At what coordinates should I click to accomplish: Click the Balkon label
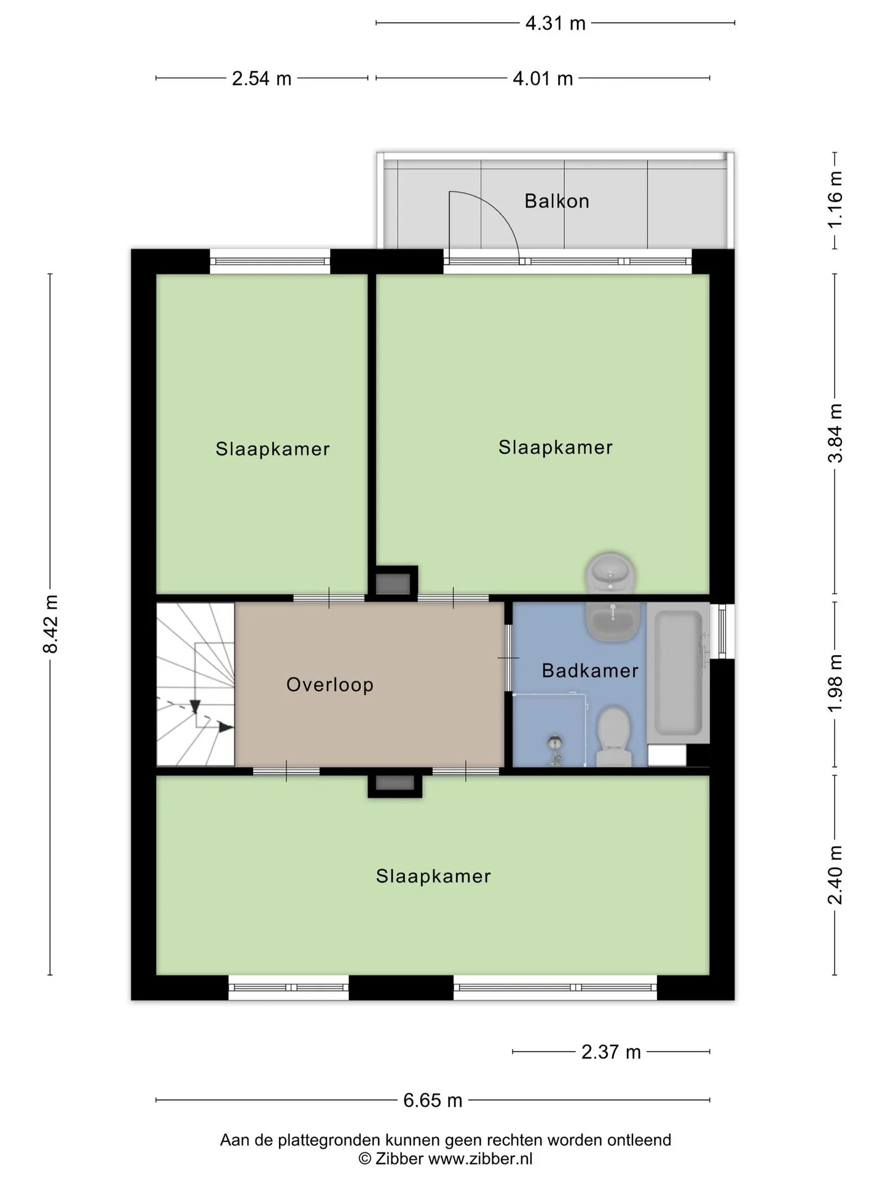point(557,201)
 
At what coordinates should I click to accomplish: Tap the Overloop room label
point(330,685)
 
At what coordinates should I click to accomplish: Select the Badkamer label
point(590,671)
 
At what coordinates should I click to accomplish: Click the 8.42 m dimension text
point(50,624)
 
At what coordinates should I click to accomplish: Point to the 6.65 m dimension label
point(433,1100)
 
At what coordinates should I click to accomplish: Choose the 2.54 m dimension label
point(262,79)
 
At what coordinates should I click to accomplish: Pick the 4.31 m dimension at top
point(556,23)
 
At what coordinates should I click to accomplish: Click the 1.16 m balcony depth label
point(835,200)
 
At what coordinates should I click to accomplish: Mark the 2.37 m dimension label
point(611,1052)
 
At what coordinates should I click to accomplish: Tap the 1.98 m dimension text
point(835,683)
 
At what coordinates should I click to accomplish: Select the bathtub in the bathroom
point(678,672)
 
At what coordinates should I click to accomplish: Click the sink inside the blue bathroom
point(613,622)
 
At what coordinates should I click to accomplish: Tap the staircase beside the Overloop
point(195,684)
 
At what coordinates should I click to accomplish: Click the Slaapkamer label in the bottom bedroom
point(433,876)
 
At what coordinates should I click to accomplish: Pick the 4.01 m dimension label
point(543,79)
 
